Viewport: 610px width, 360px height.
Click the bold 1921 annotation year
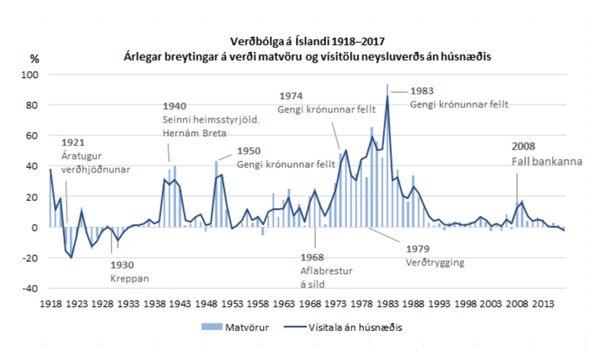point(72,142)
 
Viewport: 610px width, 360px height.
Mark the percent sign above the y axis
point(34,58)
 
